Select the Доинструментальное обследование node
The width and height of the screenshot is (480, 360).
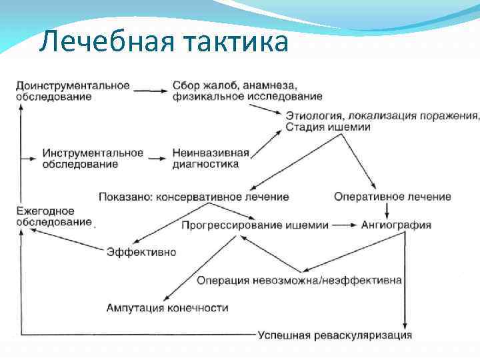tap(72, 91)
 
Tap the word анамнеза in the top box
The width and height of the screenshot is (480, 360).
tap(271, 85)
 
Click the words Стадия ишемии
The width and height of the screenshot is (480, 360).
tap(328, 127)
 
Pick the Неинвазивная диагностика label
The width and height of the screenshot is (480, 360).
tap(210, 158)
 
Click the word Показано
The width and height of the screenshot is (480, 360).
tap(124, 197)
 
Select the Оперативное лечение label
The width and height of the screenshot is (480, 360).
tap(392, 197)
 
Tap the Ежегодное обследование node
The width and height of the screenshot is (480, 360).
tap(53, 216)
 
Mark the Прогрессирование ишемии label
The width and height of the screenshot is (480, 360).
tap(255, 225)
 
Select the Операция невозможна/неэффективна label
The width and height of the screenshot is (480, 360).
tap(299, 280)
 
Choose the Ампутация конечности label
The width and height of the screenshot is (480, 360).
tap(167, 308)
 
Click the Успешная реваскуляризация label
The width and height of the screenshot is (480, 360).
tap(335, 335)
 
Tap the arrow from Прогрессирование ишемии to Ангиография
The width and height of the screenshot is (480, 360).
tap(345, 225)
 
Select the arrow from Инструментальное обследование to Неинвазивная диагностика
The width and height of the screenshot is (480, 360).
tap(157, 159)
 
